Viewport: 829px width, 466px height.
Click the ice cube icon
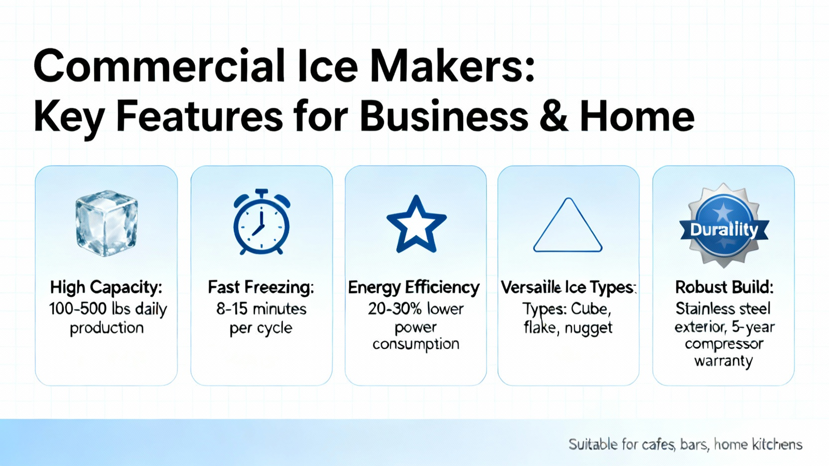107,223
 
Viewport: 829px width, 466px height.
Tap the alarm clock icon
262,222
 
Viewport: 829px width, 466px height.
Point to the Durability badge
724,225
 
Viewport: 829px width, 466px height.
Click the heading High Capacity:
106,288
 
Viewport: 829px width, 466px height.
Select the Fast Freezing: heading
261,287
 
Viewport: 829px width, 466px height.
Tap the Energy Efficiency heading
414,288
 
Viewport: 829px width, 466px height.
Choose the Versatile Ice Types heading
568,288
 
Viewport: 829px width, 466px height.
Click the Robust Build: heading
724,287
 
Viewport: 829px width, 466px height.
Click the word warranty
723,360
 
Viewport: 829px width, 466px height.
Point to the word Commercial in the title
159,67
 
